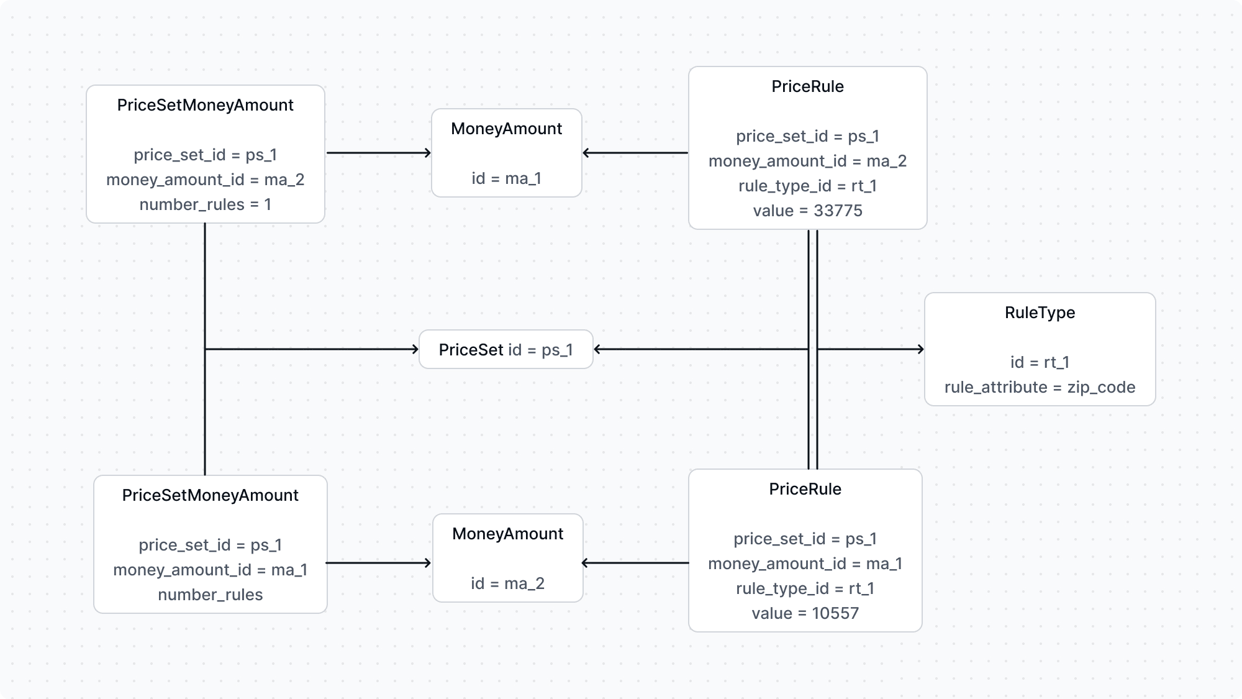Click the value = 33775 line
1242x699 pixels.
807,211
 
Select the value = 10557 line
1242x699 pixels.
805,613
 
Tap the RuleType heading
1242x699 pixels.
1040,313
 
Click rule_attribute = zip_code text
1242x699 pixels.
1040,387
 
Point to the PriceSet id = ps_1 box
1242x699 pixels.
505,350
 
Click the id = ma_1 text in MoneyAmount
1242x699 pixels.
506,178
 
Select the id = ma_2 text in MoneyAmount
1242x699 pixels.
507,583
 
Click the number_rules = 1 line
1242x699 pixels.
205,204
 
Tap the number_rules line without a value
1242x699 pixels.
210,595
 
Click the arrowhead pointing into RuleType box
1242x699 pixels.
920,349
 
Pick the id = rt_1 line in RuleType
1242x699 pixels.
1040,362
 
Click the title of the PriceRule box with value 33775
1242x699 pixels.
807,86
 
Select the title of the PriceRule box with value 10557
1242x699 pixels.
805,489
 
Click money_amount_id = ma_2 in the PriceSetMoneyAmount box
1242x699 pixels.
205,180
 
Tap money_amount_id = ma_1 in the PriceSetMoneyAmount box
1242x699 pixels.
210,570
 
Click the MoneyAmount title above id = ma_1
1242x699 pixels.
506,129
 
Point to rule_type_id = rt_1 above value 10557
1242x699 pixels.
805,588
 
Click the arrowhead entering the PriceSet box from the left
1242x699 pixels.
415,349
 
